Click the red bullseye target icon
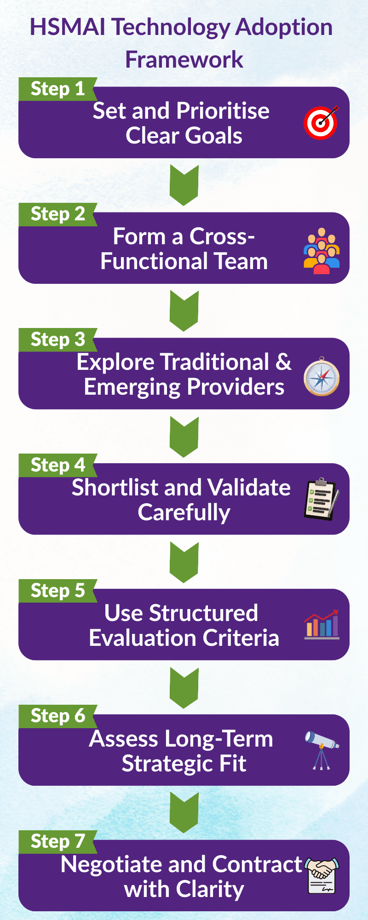[321, 123]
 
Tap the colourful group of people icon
[322, 251]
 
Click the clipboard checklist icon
[322, 499]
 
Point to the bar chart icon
[322, 625]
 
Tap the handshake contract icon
[322, 875]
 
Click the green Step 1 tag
[57, 89]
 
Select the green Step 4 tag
[57, 465]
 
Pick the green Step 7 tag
[57, 841]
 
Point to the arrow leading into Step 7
[184, 812]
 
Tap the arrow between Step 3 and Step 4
[184, 436]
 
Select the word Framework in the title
[184, 60]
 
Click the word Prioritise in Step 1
[223, 111]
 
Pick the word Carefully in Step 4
[184, 512]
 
